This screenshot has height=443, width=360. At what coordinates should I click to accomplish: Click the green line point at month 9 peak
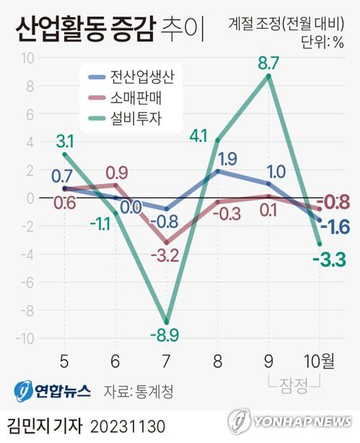268,76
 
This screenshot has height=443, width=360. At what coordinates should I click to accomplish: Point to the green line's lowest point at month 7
167,323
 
